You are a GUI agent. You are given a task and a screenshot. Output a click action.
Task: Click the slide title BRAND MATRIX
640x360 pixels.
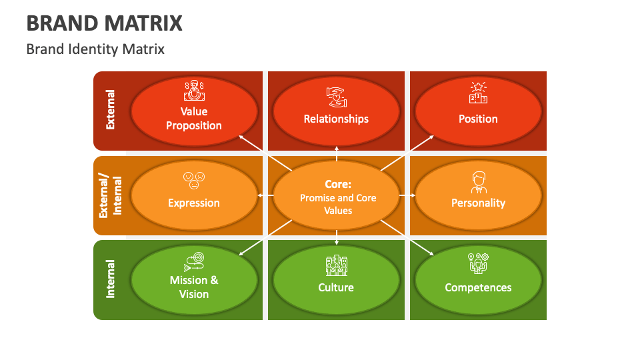(x=105, y=23)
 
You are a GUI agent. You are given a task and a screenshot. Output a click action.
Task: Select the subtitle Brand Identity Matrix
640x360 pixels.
(x=95, y=49)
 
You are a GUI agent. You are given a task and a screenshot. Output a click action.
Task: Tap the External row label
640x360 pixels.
(x=110, y=110)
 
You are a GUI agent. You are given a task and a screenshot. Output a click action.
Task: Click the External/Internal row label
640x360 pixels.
(x=110, y=196)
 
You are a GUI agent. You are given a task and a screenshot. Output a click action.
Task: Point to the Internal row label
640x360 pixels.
(x=110, y=279)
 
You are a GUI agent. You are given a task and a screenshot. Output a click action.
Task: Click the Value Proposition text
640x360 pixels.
(x=193, y=119)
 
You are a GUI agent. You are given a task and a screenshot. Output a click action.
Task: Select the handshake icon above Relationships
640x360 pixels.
(x=336, y=97)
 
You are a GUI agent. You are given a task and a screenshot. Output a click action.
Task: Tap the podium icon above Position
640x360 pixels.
(x=478, y=93)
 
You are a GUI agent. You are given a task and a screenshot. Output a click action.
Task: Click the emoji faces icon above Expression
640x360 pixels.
(x=194, y=180)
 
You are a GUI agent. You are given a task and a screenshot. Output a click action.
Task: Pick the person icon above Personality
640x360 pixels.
(x=478, y=182)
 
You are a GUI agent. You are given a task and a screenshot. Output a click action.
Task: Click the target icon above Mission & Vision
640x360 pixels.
(x=193, y=261)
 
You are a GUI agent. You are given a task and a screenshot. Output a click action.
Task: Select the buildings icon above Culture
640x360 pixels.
(x=336, y=265)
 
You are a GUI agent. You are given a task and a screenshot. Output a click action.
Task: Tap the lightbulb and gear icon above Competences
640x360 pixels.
(x=478, y=263)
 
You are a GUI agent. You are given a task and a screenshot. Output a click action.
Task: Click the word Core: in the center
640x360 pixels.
(x=338, y=184)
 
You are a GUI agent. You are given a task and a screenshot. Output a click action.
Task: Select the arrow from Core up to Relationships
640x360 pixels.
(x=337, y=153)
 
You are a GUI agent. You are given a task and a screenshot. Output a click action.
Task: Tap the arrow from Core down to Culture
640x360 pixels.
(x=337, y=237)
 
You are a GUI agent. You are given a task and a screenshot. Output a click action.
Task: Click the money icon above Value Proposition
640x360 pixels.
(x=193, y=90)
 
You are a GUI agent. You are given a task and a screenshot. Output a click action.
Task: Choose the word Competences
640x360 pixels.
(x=478, y=288)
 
